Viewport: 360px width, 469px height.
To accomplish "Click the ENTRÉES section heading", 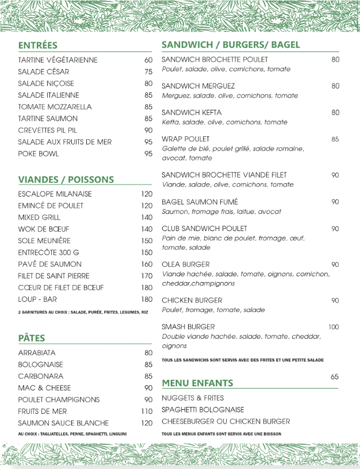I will point(37,45).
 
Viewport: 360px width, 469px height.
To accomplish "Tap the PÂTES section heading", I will point(31,338).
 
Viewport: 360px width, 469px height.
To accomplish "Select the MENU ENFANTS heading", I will point(197,383).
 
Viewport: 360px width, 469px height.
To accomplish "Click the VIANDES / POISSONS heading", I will point(66,179).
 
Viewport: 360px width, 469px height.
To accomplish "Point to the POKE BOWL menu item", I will point(38,153).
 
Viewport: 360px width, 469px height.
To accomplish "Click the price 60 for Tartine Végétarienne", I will point(148,60).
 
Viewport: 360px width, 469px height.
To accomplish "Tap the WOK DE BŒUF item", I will point(43,229).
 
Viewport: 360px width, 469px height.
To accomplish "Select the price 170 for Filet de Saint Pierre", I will point(147,276).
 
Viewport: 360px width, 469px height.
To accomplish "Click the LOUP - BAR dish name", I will point(37,299).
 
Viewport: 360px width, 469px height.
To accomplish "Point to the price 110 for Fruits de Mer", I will point(147,412).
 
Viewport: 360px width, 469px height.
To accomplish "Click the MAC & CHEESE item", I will point(44,388).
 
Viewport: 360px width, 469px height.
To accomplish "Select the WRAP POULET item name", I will point(185,139).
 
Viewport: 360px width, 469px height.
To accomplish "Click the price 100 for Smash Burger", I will point(334,327).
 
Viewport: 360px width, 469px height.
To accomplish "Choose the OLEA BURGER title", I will point(185,264).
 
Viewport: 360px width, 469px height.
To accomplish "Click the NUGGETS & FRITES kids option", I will point(193,398).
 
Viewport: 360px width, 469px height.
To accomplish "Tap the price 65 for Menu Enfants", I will point(335,376).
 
